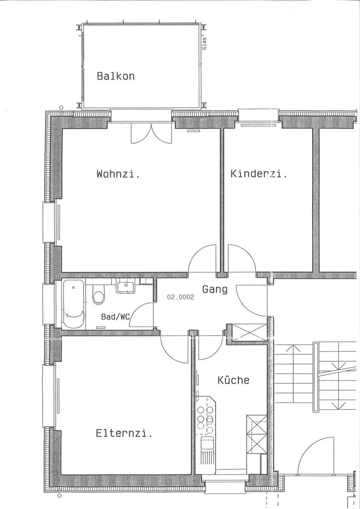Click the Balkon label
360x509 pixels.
(x=115, y=76)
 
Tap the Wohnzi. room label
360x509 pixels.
(x=118, y=173)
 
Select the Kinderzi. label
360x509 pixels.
(x=259, y=173)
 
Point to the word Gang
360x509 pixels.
(x=215, y=289)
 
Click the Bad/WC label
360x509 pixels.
(x=115, y=317)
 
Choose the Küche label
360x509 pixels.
(x=233, y=380)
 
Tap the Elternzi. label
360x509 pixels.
(x=124, y=433)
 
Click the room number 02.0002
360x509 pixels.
(x=180, y=297)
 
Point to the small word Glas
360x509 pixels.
(x=204, y=44)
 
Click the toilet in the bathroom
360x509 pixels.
(x=98, y=294)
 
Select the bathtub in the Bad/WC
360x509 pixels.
(x=74, y=304)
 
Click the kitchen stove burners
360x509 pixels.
(x=205, y=419)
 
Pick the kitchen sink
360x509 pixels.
(x=207, y=443)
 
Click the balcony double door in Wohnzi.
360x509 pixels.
(x=151, y=133)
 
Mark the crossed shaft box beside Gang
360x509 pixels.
(x=250, y=333)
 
